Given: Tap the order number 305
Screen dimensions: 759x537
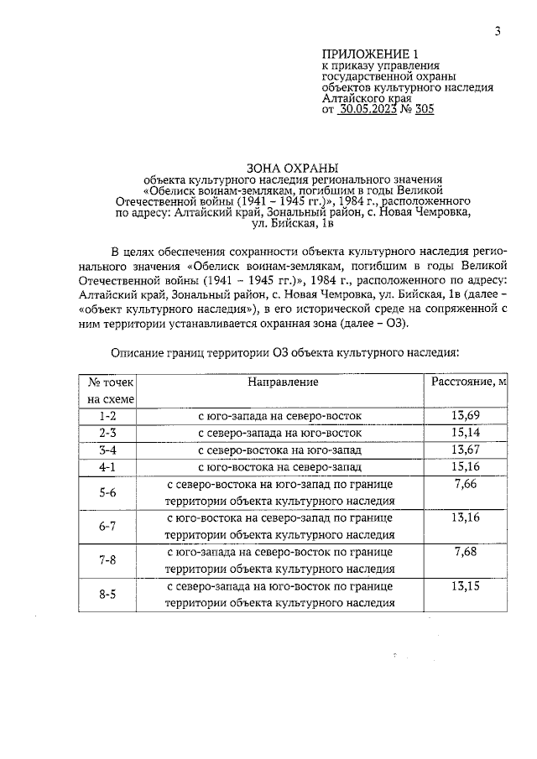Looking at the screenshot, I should (x=423, y=110).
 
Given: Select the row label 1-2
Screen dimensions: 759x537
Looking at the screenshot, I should (x=107, y=416).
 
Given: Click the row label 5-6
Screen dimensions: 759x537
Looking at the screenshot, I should (x=107, y=493).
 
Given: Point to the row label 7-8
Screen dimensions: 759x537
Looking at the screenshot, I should (x=107, y=561).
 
